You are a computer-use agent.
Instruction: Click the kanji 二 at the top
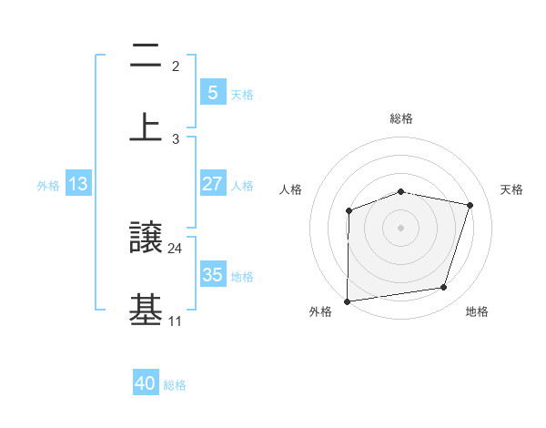pos(146,56)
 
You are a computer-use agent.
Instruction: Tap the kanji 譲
pos(146,239)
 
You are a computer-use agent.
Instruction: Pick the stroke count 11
pos(176,321)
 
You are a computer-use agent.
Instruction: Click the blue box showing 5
pos(212,92)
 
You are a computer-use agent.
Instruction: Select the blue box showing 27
pos(212,184)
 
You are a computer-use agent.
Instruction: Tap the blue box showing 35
pos(212,275)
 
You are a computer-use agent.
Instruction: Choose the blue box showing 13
pos(78,184)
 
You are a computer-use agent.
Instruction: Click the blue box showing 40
pos(146,384)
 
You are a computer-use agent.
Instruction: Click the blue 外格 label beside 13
pos(48,185)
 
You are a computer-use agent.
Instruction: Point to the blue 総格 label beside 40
pos(175,385)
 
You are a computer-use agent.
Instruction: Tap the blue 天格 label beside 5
pos(242,94)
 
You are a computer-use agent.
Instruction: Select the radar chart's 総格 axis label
pos(401,118)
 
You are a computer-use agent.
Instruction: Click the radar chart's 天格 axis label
pos(512,189)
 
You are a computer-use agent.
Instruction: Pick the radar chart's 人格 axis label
pos(291,189)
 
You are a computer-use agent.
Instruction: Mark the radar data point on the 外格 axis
pos(347,301)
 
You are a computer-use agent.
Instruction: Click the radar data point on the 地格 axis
pos(444,288)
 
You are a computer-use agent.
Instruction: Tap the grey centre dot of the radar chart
pos(400,227)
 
